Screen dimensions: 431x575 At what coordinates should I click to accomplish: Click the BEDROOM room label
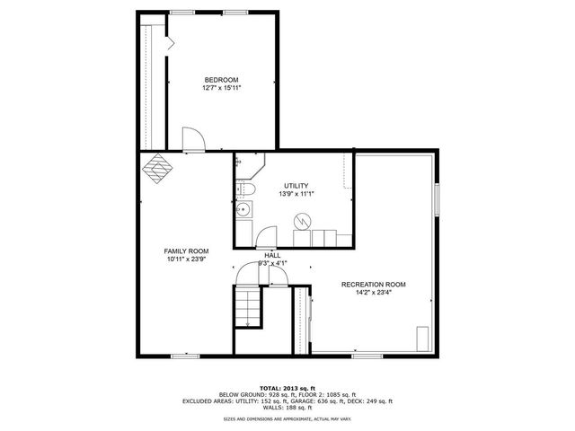[x=220, y=80]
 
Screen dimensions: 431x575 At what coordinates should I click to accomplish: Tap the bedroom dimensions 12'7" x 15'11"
[x=220, y=88]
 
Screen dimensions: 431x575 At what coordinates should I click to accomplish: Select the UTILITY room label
[x=296, y=185]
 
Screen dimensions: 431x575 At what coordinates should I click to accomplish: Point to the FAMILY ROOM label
[x=186, y=251]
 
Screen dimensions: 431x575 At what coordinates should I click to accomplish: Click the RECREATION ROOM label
[x=373, y=285]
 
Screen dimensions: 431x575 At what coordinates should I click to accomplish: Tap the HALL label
[x=272, y=255]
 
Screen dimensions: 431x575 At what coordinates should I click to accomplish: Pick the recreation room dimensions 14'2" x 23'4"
[x=373, y=294]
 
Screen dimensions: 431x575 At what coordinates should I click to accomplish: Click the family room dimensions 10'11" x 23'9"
[x=186, y=259]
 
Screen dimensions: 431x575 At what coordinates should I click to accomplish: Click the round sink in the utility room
[x=243, y=212]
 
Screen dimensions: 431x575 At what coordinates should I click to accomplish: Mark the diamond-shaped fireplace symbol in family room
[x=159, y=168]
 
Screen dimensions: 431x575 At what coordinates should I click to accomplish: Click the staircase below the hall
[x=246, y=307]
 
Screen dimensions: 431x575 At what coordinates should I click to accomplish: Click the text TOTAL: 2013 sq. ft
[x=287, y=386]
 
